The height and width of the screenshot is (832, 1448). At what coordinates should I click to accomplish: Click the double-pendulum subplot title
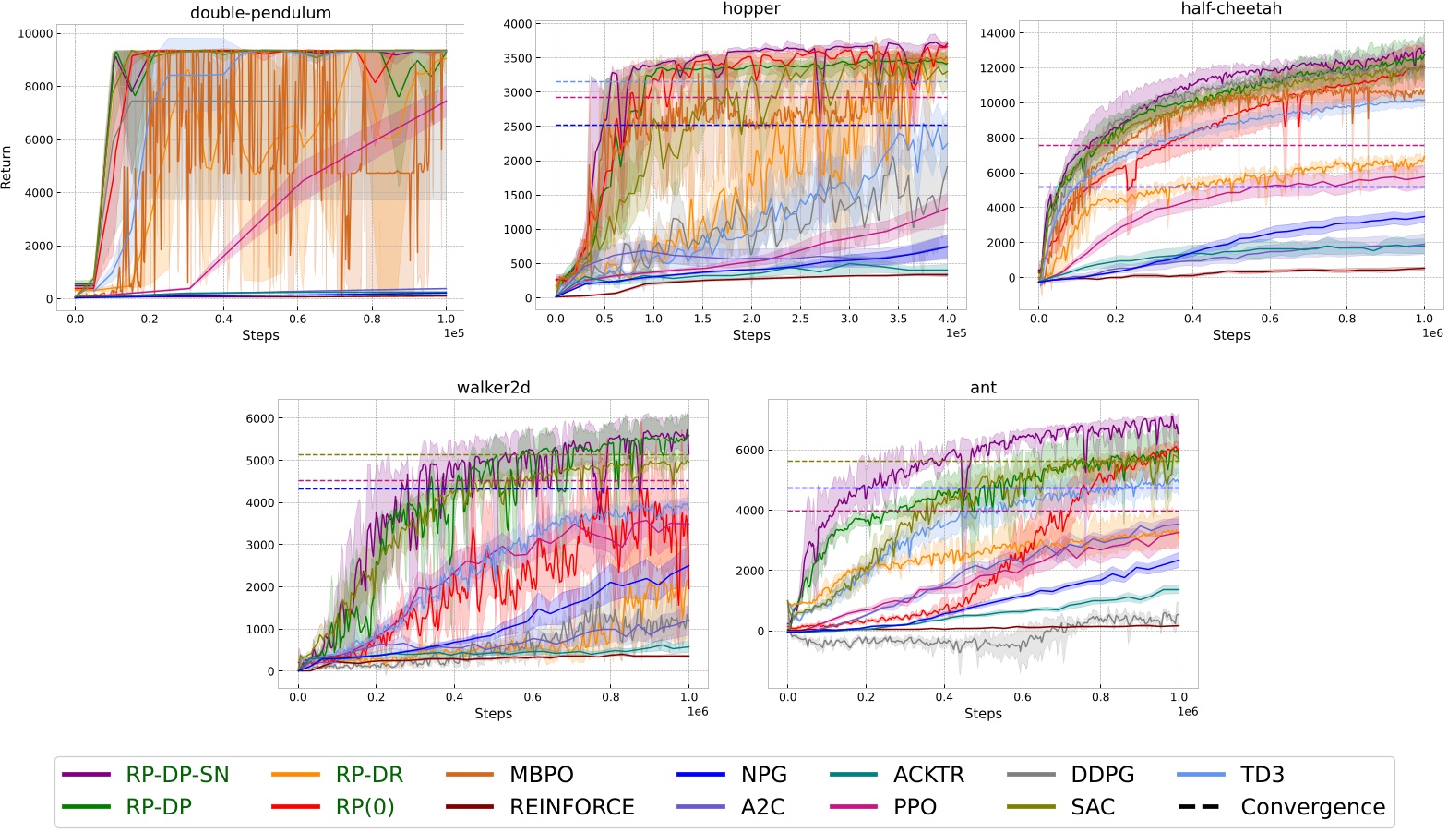[x=260, y=13]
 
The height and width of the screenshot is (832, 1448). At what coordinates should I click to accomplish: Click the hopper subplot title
[x=751, y=8]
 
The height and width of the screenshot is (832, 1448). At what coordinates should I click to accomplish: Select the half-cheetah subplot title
[x=1230, y=8]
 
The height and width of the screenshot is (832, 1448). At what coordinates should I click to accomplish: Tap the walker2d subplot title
[x=493, y=387]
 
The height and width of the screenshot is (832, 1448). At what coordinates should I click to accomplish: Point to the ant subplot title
[x=983, y=387]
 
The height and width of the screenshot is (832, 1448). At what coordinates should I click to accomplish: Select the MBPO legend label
[x=542, y=775]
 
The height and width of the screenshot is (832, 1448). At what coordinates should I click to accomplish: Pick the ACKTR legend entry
[x=928, y=775]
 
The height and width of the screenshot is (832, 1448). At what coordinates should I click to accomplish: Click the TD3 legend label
[x=1262, y=775]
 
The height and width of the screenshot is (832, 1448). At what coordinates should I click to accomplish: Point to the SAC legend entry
[x=1093, y=807]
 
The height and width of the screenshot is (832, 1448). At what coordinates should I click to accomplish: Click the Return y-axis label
[x=6, y=167]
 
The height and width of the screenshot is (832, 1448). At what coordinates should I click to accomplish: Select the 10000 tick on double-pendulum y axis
[x=35, y=33]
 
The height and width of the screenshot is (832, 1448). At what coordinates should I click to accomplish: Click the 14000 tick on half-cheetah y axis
[x=997, y=33]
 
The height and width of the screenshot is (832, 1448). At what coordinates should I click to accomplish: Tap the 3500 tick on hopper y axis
[x=517, y=58]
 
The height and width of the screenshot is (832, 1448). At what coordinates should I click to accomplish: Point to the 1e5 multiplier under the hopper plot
[x=955, y=333]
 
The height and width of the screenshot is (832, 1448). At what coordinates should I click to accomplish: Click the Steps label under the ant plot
[x=983, y=713]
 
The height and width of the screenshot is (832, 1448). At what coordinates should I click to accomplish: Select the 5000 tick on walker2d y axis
[x=259, y=461]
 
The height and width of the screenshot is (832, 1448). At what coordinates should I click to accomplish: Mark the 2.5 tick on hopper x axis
[x=800, y=319]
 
